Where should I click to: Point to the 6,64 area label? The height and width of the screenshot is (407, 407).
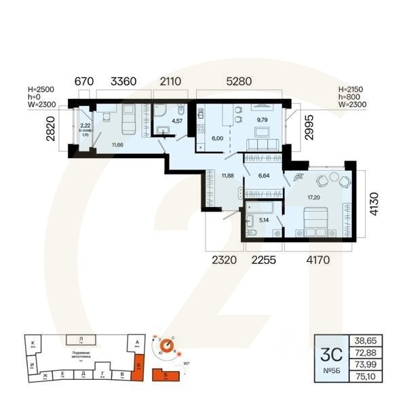click(263, 176)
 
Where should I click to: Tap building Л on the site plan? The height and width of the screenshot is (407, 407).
click(81, 338)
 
